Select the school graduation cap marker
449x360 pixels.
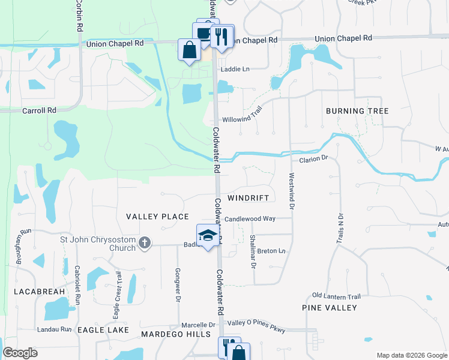(207, 235)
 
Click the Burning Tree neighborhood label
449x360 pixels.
(357, 111)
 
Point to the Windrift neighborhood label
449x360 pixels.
(251, 197)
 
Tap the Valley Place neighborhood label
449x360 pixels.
(157, 217)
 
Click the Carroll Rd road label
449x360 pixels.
(39, 110)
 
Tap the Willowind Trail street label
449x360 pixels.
(243, 119)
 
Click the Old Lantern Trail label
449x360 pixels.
(336, 296)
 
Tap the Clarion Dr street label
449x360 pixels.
(313, 159)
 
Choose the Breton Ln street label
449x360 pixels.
(272, 251)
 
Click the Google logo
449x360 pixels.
(20, 353)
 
